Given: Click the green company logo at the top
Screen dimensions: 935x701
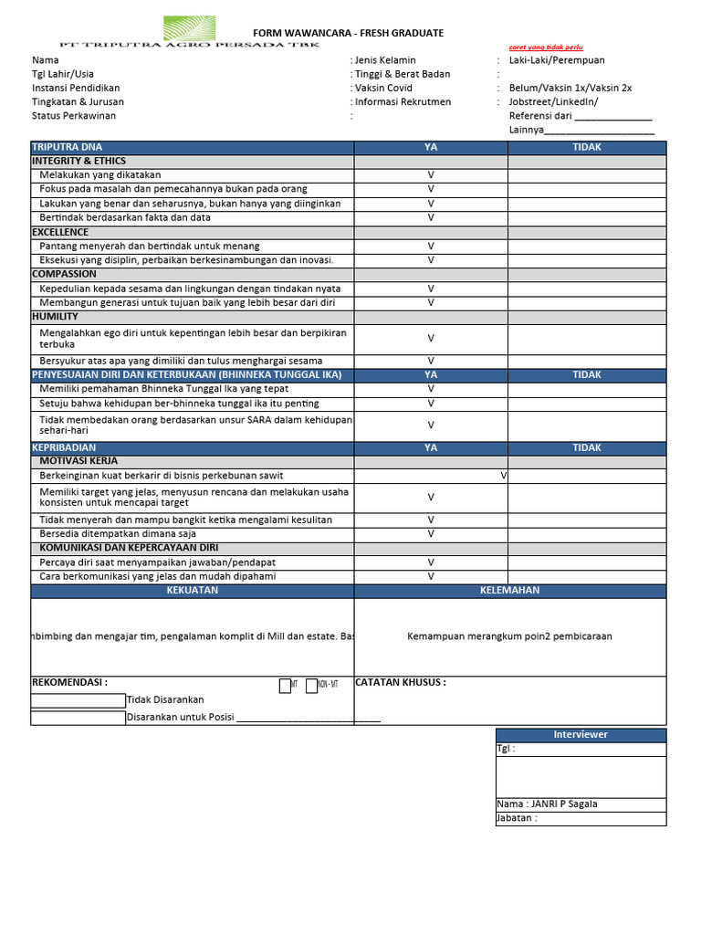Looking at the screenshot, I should (189, 27).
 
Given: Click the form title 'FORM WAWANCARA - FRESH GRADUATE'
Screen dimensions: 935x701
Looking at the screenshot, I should (348, 33).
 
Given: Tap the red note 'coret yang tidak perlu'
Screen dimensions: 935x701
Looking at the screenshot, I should (545, 47).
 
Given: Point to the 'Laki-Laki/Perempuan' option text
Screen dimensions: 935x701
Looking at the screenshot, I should (557, 60).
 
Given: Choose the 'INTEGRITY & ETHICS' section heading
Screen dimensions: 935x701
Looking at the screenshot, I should (78, 161).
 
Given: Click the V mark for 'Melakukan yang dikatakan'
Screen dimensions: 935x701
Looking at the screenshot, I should (431, 175).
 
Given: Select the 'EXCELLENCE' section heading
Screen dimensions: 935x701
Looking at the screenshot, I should (60, 232).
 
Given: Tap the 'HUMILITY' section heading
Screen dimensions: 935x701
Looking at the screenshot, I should (56, 316).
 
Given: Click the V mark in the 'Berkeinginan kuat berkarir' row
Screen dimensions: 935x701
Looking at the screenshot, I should (504, 476).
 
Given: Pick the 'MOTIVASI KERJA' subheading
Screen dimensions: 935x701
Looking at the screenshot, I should (78, 461).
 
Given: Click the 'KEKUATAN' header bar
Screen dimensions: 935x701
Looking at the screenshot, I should (193, 591).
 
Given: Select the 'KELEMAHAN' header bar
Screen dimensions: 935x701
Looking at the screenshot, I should (509, 591).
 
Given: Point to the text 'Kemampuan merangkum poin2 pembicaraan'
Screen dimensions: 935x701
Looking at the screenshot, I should (509, 636).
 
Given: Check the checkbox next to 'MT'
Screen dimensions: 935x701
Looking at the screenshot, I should (285, 686).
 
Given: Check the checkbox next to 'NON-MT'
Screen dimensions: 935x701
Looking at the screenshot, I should (311, 686).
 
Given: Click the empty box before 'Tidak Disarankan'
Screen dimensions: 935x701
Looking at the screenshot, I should (78, 700).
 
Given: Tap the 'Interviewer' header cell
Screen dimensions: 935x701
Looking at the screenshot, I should (581, 735).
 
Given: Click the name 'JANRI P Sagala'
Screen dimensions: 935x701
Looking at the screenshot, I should (562, 804).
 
